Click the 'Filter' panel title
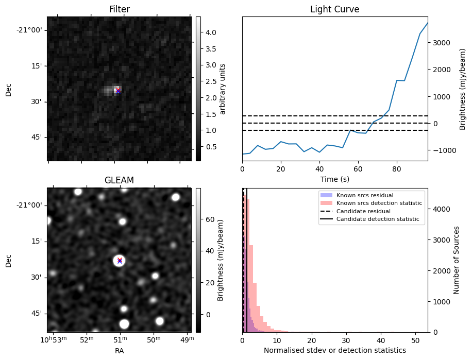point(119,9)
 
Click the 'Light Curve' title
point(334,9)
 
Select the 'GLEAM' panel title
point(119,180)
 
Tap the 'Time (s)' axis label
point(334,178)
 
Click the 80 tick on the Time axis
point(396,168)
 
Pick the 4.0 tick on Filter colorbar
point(211,32)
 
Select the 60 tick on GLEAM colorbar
point(211,219)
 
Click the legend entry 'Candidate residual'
point(363,212)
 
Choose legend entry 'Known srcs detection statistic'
point(379,203)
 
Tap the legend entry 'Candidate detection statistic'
point(378,220)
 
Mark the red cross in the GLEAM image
point(120,260)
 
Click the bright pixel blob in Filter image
point(116,90)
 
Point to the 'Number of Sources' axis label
point(457,260)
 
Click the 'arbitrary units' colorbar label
point(223,89)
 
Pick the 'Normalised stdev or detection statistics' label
point(334,350)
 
